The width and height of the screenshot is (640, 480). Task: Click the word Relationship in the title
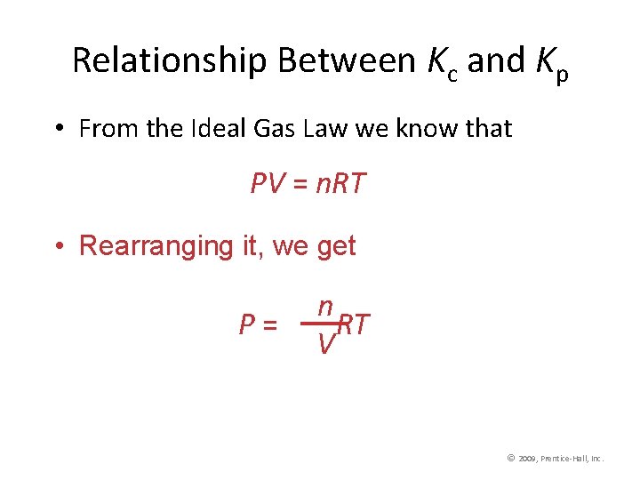[x=170, y=60]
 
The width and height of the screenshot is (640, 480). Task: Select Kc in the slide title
[x=442, y=62]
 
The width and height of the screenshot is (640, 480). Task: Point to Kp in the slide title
[x=552, y=64]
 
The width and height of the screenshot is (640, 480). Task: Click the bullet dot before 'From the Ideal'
[x=56, y=130]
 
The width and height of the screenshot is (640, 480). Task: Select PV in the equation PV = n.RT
[x=267, y=184]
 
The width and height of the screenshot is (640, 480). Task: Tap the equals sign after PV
[x=301, y=185]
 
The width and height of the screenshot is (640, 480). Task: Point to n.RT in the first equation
[x=342, y=184]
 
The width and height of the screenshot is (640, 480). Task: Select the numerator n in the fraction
[x=326, y=307]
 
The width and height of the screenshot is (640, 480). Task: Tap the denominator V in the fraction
[x=326, y=343]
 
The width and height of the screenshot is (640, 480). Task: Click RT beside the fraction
[x=354, y=325]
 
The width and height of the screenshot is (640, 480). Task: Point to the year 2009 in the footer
[x=529, y=459]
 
